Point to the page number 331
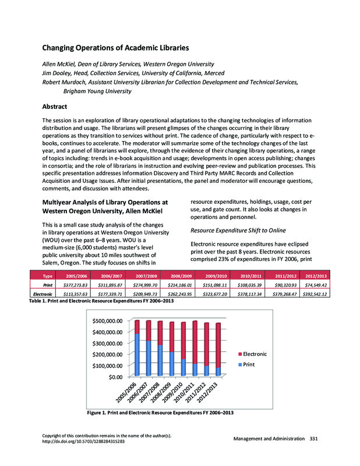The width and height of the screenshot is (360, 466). (314, 438)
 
